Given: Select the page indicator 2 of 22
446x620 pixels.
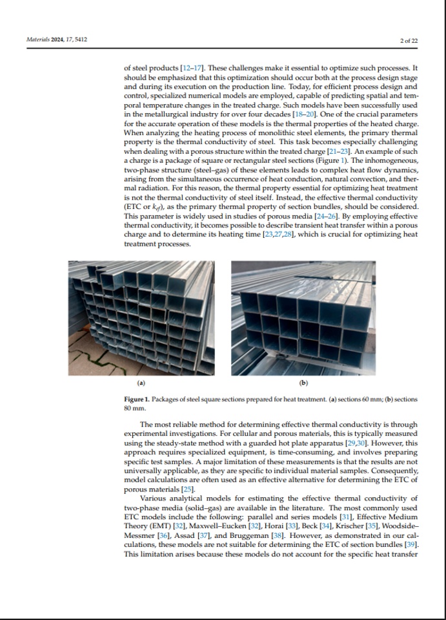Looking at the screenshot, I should point(409,41).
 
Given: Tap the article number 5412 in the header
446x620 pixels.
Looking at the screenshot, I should point(79,40).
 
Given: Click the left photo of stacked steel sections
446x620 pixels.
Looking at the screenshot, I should point(141,317).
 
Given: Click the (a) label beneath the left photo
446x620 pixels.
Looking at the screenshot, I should point(141,383).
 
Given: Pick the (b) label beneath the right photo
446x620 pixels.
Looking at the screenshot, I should point(303,383).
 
